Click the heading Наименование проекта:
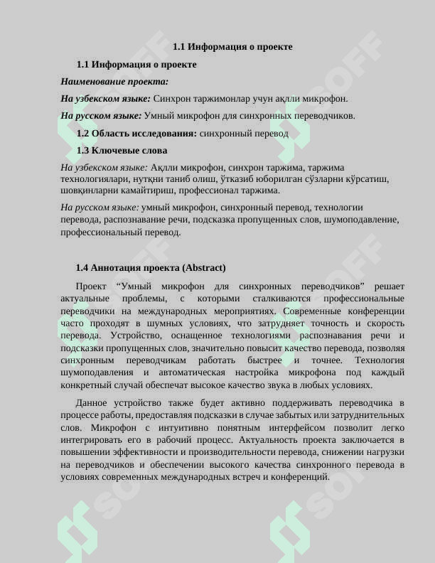coord(114,82)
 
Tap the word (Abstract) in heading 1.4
coord(204,268)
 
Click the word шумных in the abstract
coord(146,323)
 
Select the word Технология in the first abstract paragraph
coord(380,360)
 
